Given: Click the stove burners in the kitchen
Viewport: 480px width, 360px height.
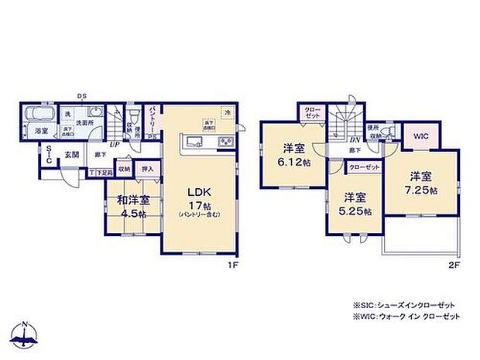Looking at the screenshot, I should click(225, 142).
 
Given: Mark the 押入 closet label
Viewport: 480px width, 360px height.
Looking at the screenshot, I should click(147, 168).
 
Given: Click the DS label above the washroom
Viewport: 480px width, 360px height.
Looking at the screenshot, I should click(81, 97).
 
